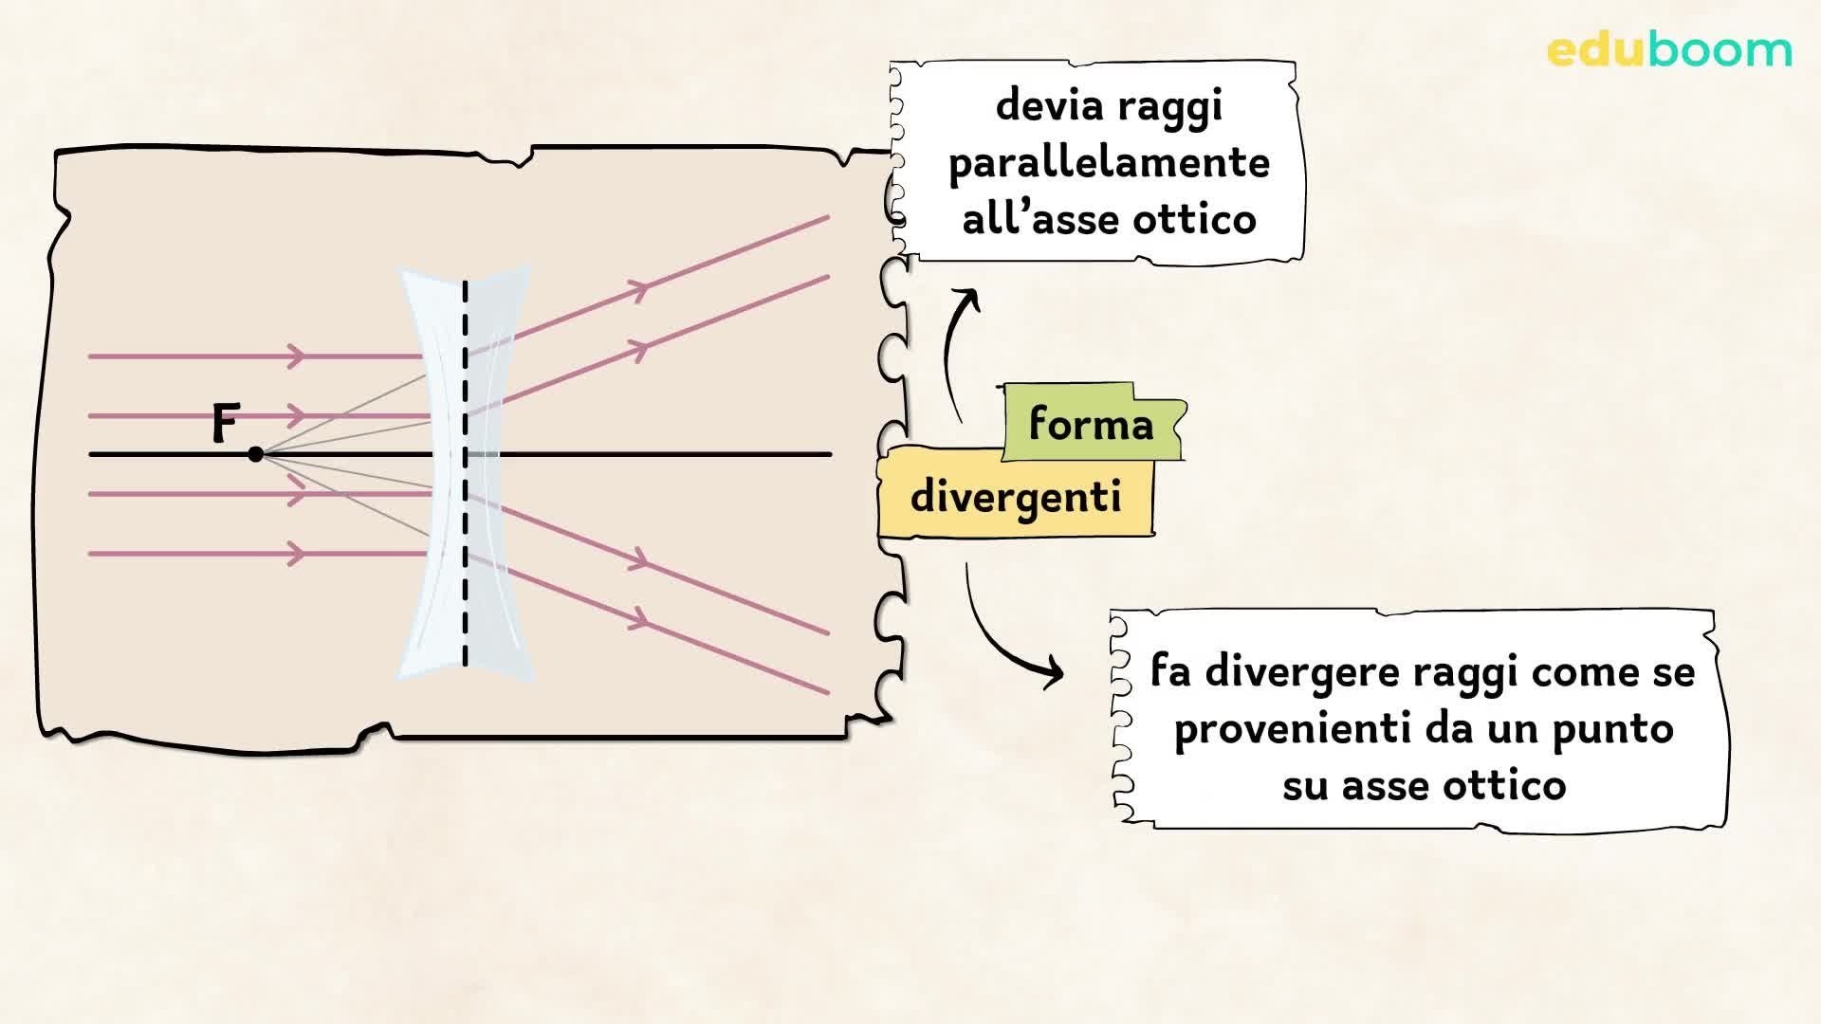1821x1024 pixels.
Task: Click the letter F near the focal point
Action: click(x=225, y=423)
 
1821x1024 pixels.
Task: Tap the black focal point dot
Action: click(x=255, y=455)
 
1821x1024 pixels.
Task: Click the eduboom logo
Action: click(x=1669, y=49)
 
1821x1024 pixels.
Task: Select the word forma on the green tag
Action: click(x=1091, y=424)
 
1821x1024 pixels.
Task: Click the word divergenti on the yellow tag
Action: click(x=1016, y=497)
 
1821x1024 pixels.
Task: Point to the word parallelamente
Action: click(x=1109, y=163)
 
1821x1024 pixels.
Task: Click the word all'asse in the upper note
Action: click(x=1034, y=220)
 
